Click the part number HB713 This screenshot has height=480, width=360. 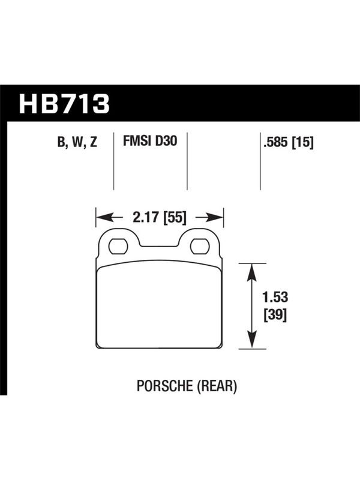(64, 104)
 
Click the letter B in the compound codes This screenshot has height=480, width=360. (61, 142)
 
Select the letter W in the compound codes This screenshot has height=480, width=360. (79, 142)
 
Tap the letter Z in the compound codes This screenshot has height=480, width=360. (94, 142)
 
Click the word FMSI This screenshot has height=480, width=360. (137, 141)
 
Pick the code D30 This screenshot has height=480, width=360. (166, 141)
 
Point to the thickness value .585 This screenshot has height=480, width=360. (275, 142)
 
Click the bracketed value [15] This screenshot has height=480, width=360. (302, 143)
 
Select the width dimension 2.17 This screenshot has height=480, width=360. (146, 217)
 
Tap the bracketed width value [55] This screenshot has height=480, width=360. (175, 218)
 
